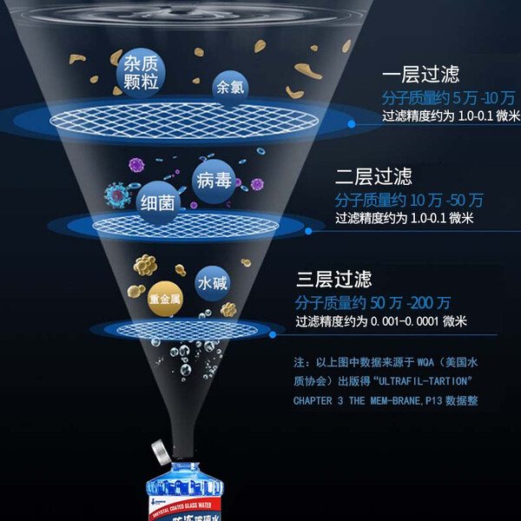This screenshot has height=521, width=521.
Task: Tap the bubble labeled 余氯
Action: [230, 88]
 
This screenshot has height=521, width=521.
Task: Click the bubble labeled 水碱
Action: [213, 284]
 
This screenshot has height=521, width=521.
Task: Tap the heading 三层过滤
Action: [334, 280]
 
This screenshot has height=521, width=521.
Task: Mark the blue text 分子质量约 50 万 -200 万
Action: [373, 302]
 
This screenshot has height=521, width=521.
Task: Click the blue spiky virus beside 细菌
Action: [115, 194]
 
